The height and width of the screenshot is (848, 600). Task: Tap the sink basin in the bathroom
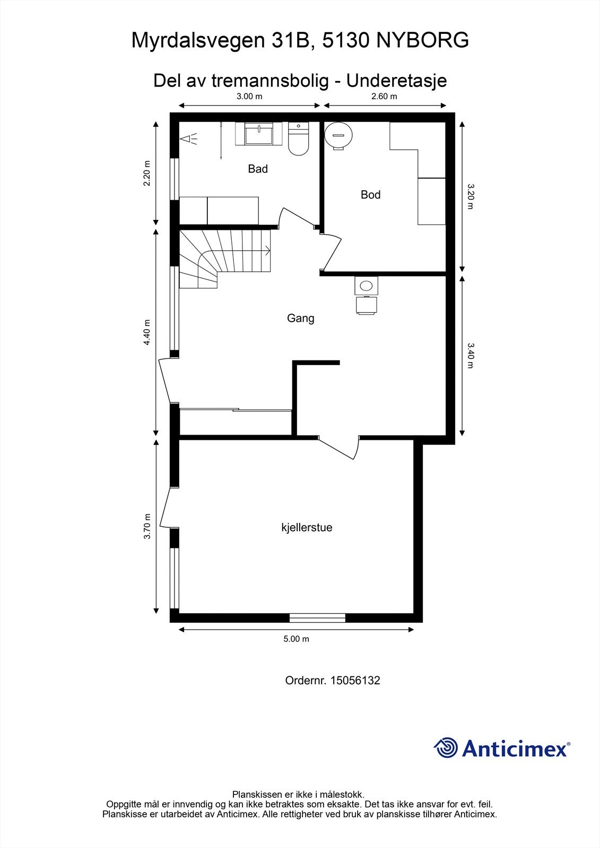point(258,135)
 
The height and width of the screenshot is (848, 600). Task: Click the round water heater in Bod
point(338,136)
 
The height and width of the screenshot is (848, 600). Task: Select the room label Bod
point(370,195)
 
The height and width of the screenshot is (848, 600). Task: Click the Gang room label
point(301,319)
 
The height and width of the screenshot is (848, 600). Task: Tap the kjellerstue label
point(307,527)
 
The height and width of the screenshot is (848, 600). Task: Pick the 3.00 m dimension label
point(249,96)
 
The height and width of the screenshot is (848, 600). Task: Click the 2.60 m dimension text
point(384,96)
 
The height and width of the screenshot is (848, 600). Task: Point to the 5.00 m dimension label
point(296,639)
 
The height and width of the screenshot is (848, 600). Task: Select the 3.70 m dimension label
point(147,526)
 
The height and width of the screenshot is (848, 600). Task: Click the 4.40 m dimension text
point(147,332)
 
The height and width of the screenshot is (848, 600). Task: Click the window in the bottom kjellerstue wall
point(317,618)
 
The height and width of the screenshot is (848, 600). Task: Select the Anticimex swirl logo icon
point(445,747)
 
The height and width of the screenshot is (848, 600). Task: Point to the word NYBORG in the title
point(422,40)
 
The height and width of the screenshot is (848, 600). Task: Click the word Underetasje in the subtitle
point(396,81)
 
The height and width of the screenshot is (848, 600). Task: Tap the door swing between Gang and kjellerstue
point(338,447)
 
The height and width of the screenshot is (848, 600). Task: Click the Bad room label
point(258,169)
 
